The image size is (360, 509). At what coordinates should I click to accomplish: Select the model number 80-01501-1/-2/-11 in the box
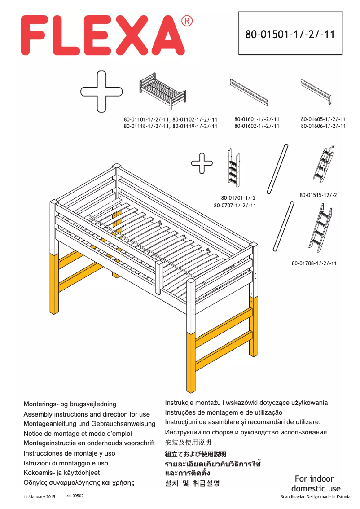tap(290, 34)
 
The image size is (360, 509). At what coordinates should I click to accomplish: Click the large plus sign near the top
tap(101, 91)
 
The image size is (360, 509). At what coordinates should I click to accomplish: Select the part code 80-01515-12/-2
tap(318, 195)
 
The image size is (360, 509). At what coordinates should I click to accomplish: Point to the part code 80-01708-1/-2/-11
tap(314, 263)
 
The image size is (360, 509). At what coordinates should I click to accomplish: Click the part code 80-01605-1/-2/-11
tap(323, 119)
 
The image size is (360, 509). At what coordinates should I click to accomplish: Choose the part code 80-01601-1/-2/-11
tap(257, 119)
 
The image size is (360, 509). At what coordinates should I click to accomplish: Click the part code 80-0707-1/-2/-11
tap(235, 205)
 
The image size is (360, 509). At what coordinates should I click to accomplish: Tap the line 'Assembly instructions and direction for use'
tap(87, 414)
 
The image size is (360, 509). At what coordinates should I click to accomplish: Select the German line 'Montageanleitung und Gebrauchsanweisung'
tap(89, 424)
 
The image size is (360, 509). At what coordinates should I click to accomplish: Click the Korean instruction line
tap(193, 483)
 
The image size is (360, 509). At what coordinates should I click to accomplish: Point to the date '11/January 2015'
tap(39, 497)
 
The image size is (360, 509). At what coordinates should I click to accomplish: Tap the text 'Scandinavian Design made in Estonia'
tap(316, 497)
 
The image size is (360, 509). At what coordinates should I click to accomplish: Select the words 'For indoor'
tap(314, 478)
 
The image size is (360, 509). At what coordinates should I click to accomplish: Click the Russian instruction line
tap(246, 432)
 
